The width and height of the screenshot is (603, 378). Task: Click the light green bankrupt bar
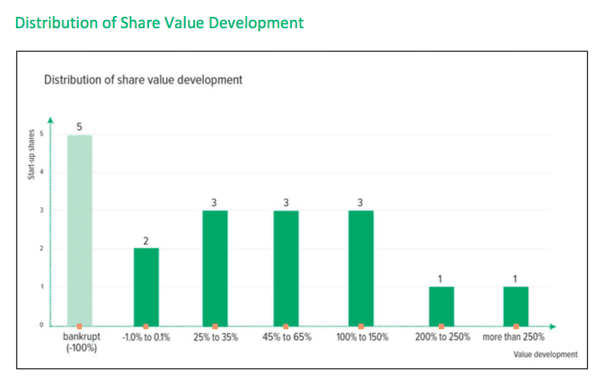79,230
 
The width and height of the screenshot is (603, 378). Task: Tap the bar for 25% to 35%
215,267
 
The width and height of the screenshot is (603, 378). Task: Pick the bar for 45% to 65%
286,267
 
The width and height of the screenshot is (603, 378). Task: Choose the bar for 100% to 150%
361,267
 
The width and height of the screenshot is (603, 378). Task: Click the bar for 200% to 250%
441,305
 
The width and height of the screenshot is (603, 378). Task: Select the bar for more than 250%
516,305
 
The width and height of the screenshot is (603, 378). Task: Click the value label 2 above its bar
146,241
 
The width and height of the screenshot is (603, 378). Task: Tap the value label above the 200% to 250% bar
441,278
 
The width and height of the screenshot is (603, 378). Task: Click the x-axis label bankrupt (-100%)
79,341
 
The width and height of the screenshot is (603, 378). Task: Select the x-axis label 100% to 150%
361,337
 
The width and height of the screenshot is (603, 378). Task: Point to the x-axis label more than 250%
515,337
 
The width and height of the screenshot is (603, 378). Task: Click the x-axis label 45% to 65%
286,337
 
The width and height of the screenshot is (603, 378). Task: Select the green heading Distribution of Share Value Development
159,23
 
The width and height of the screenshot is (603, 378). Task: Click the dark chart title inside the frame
143,79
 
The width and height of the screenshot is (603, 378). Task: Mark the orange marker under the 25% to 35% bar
215,326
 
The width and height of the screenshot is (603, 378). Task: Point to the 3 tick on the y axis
41,210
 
